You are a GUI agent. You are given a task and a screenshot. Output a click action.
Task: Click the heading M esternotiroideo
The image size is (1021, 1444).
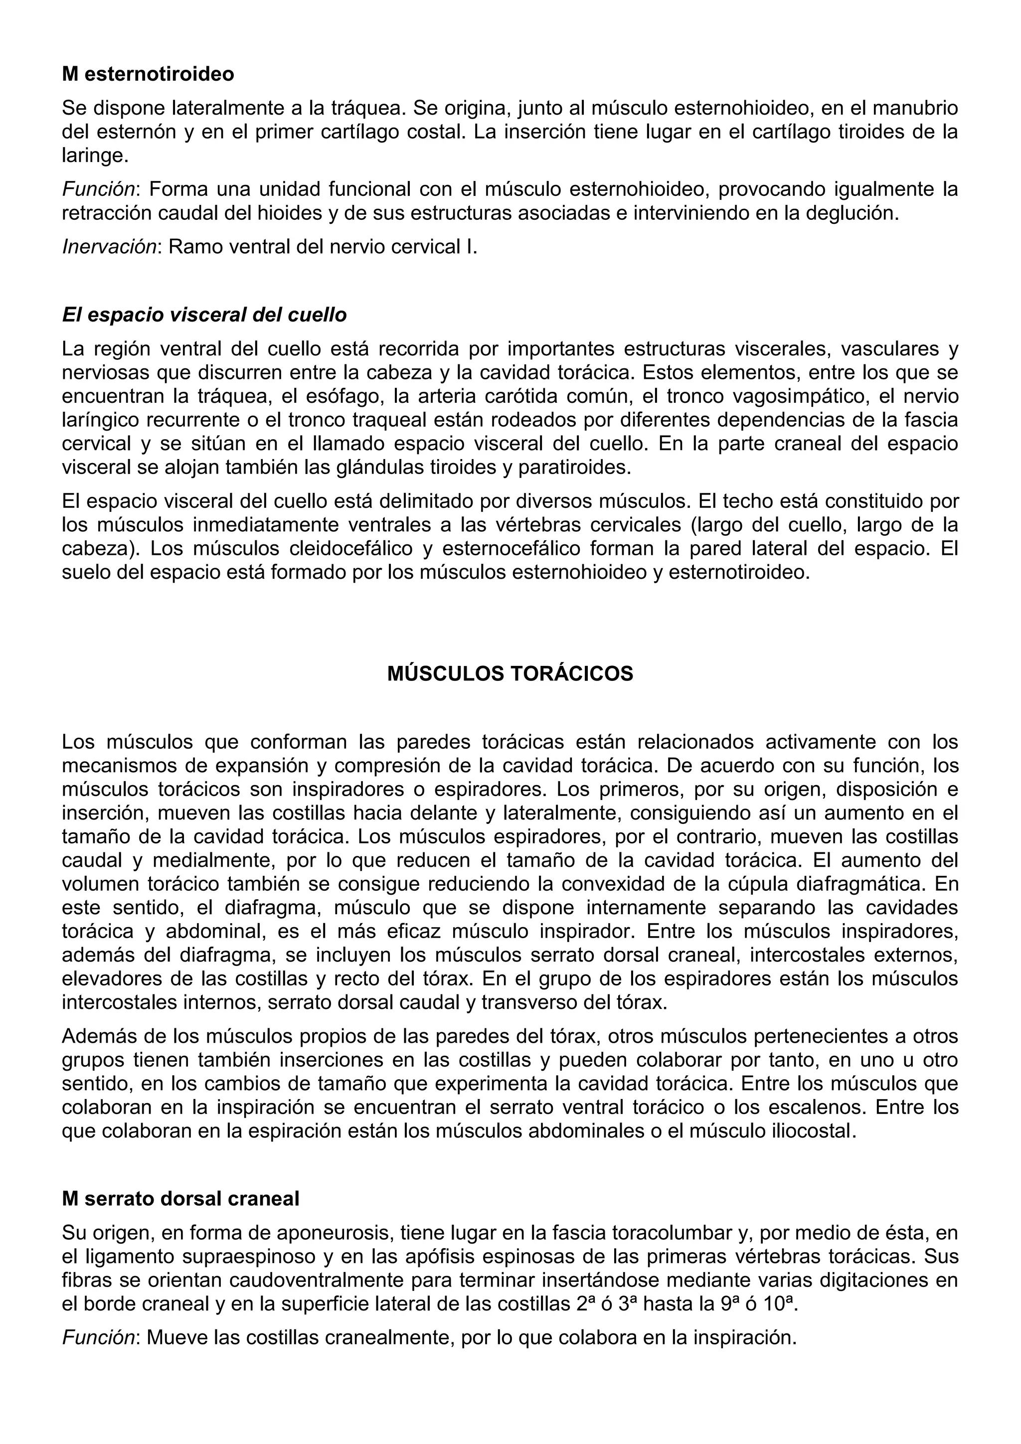pyautogui.click(x=148, y=74)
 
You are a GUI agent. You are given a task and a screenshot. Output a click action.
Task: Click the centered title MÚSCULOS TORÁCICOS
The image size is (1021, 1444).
pyautogui.click(x=510, y=674)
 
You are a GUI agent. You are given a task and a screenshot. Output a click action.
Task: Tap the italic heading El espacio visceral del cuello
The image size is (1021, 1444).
pyautogui.click(x=204, y=315)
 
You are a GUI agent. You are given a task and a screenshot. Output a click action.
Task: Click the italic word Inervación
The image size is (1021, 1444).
pyautogui.click(x=108, y=247)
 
